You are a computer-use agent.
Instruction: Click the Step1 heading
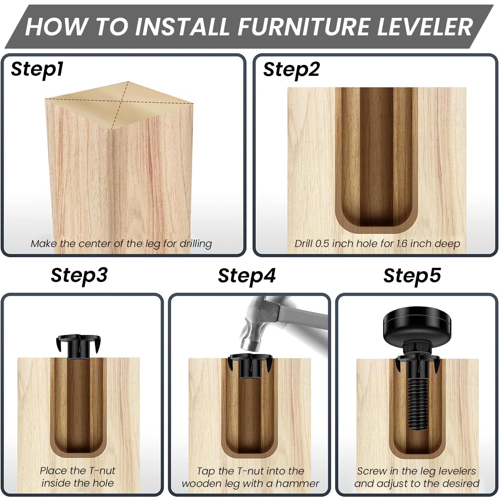click(37, 69)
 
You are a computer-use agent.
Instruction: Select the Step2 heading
click(291, 69)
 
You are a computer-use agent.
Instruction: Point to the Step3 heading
click(79, 275)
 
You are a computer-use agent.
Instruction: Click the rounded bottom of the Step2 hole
click(376, 220)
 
